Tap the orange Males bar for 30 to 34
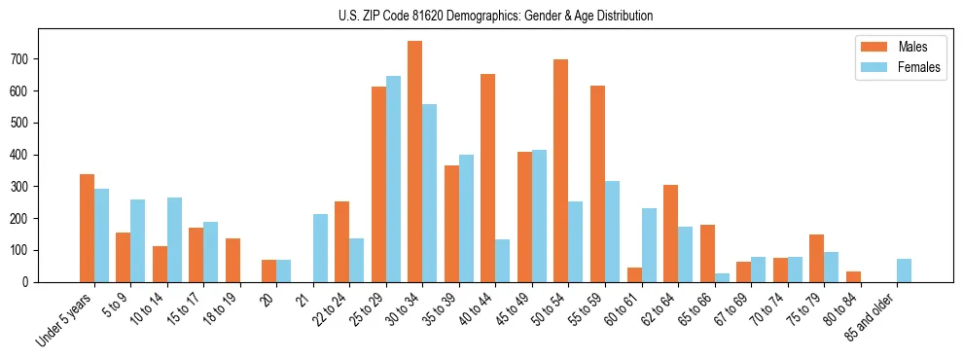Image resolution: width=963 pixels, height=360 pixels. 414,162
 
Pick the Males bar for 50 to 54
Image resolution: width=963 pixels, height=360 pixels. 560,170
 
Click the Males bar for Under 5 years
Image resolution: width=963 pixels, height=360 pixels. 87,228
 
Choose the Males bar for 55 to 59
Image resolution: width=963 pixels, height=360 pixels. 597,184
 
